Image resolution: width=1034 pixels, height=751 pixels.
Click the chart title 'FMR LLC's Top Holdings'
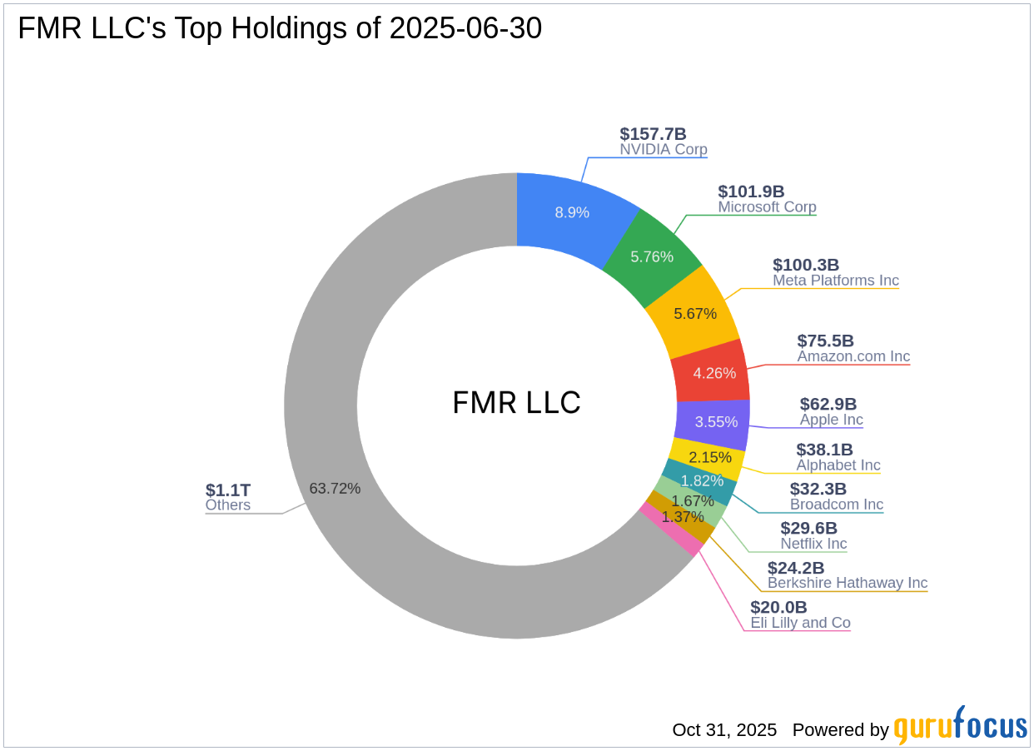280,28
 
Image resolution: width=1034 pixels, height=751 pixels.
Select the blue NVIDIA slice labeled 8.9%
572,212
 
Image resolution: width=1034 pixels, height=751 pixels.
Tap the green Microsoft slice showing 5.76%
652,256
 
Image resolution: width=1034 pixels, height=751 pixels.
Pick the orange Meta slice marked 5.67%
694,313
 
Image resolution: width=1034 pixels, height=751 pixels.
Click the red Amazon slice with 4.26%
714,372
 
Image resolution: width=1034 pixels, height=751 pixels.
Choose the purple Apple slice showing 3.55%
716,421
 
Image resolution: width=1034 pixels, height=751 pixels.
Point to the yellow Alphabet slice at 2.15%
709,457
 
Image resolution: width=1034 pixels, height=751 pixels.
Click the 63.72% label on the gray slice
335,489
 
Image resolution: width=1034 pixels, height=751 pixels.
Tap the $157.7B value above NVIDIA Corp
653,134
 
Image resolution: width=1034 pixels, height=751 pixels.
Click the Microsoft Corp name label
767,207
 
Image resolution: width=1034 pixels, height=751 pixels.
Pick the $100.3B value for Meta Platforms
806,265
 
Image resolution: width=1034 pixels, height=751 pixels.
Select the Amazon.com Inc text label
853,356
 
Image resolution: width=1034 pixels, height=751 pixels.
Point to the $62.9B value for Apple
828,404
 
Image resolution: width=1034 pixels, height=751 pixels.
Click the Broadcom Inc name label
836,505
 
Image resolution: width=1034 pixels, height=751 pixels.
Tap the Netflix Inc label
813,544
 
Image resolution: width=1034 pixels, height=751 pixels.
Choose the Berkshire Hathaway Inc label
847,583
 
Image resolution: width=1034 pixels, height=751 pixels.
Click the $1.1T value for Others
228,490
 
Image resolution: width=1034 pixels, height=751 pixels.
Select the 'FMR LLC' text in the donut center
516,403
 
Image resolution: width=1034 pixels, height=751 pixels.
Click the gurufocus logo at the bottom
960,727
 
